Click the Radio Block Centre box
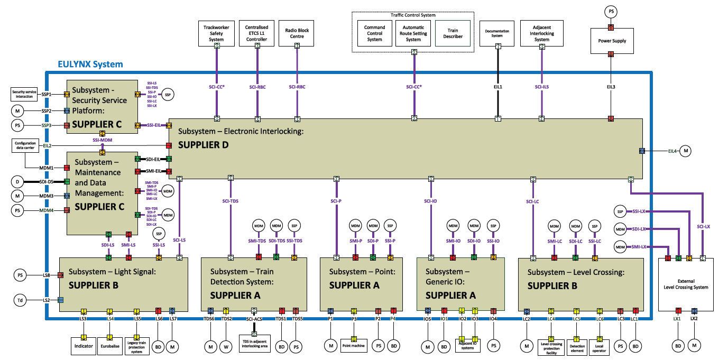(x=297, y=34)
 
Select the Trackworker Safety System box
(x=217, y=34)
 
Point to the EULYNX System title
(x=90, y=64)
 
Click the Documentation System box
(x=497, y=34)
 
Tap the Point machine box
(x=354, y=346)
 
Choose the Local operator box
(x=599, y=346)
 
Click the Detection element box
(x=577, y=346)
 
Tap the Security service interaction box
(x=24, y=94)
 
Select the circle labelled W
(x=226, y=347)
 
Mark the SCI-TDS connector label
(x=230, y=201)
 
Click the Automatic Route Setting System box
(x=413, y=34)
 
